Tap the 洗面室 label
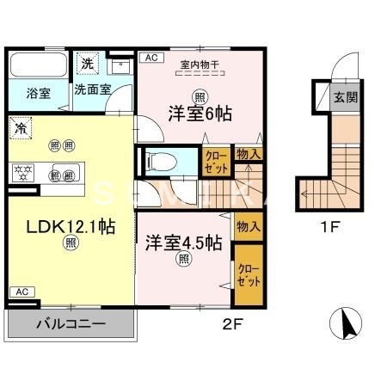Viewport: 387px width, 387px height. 90,89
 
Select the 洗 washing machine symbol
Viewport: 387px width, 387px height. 87,62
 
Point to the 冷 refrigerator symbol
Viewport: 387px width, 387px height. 21,127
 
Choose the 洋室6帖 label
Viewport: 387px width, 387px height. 199,113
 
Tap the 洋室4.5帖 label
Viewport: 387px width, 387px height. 183,243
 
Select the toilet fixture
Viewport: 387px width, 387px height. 157,161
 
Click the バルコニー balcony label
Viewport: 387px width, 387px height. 71,326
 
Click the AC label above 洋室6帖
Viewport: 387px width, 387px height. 150,58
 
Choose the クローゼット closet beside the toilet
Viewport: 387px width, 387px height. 214,162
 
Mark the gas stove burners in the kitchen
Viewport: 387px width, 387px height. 22,169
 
